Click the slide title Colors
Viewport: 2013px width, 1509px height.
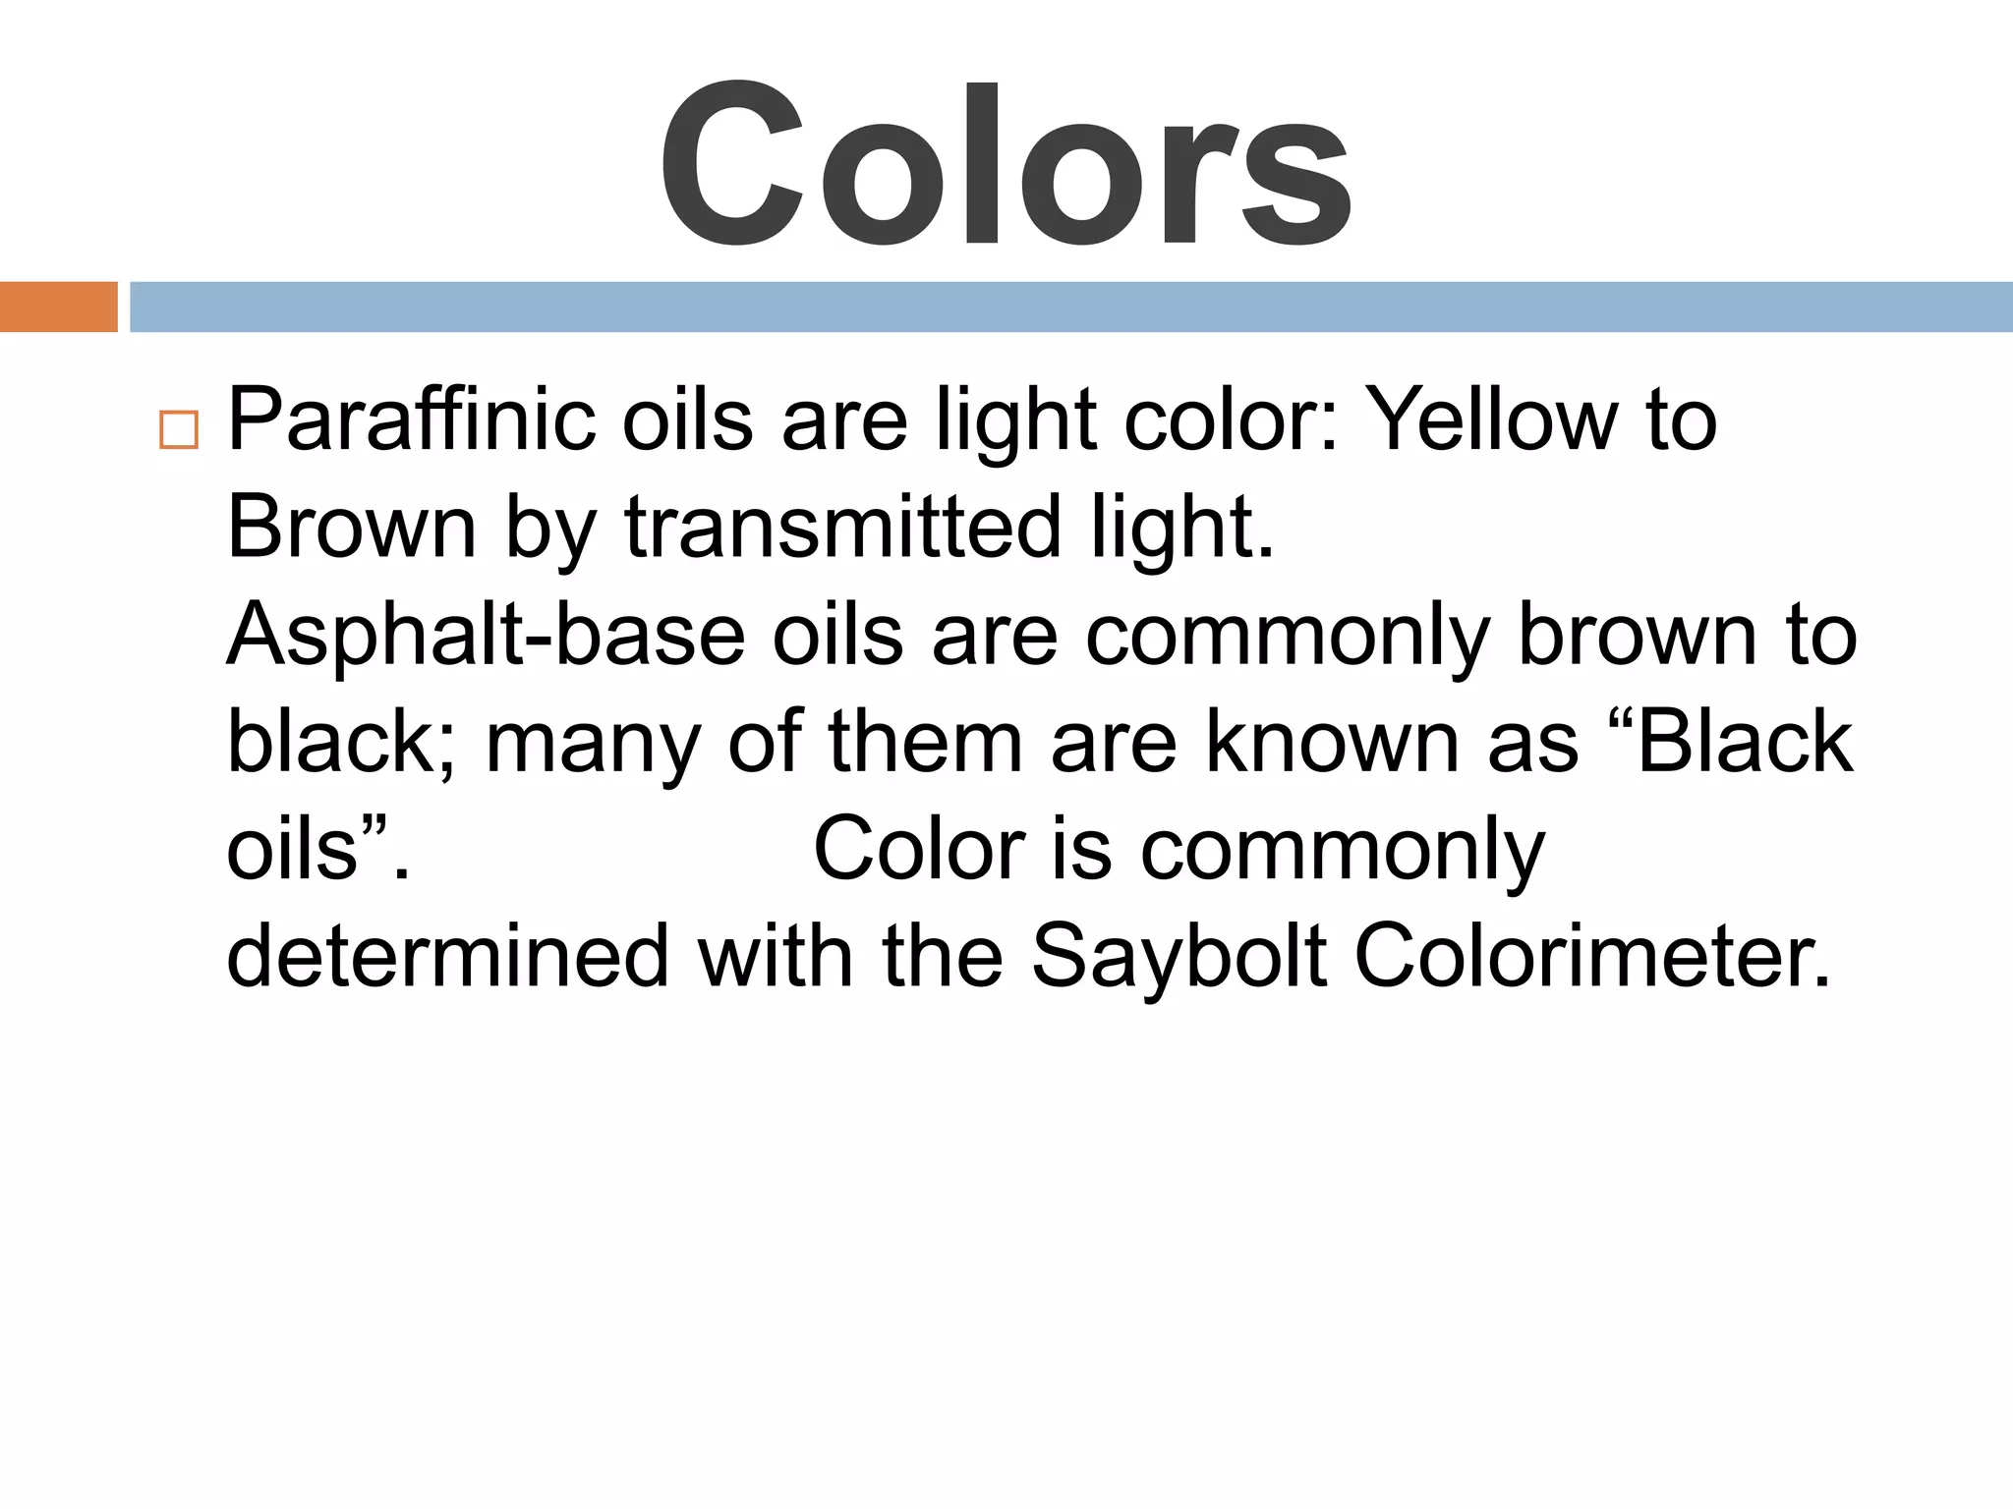[1005, 164]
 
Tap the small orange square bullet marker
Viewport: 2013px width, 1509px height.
[179, 429]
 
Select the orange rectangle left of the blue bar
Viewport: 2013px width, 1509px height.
[58, 307]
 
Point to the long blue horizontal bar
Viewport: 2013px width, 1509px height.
[1070, 307]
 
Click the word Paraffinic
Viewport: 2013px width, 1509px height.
[411, 420]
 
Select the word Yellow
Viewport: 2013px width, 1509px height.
[1493, 420]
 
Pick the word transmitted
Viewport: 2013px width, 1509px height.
[843, 528]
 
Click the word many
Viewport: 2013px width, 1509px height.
[593, 743]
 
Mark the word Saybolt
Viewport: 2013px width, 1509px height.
[1179, 957]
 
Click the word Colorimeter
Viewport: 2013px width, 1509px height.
[1593, 957]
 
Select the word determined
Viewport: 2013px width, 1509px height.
[448, 957]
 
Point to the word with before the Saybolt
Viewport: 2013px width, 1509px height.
[776, 957]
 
